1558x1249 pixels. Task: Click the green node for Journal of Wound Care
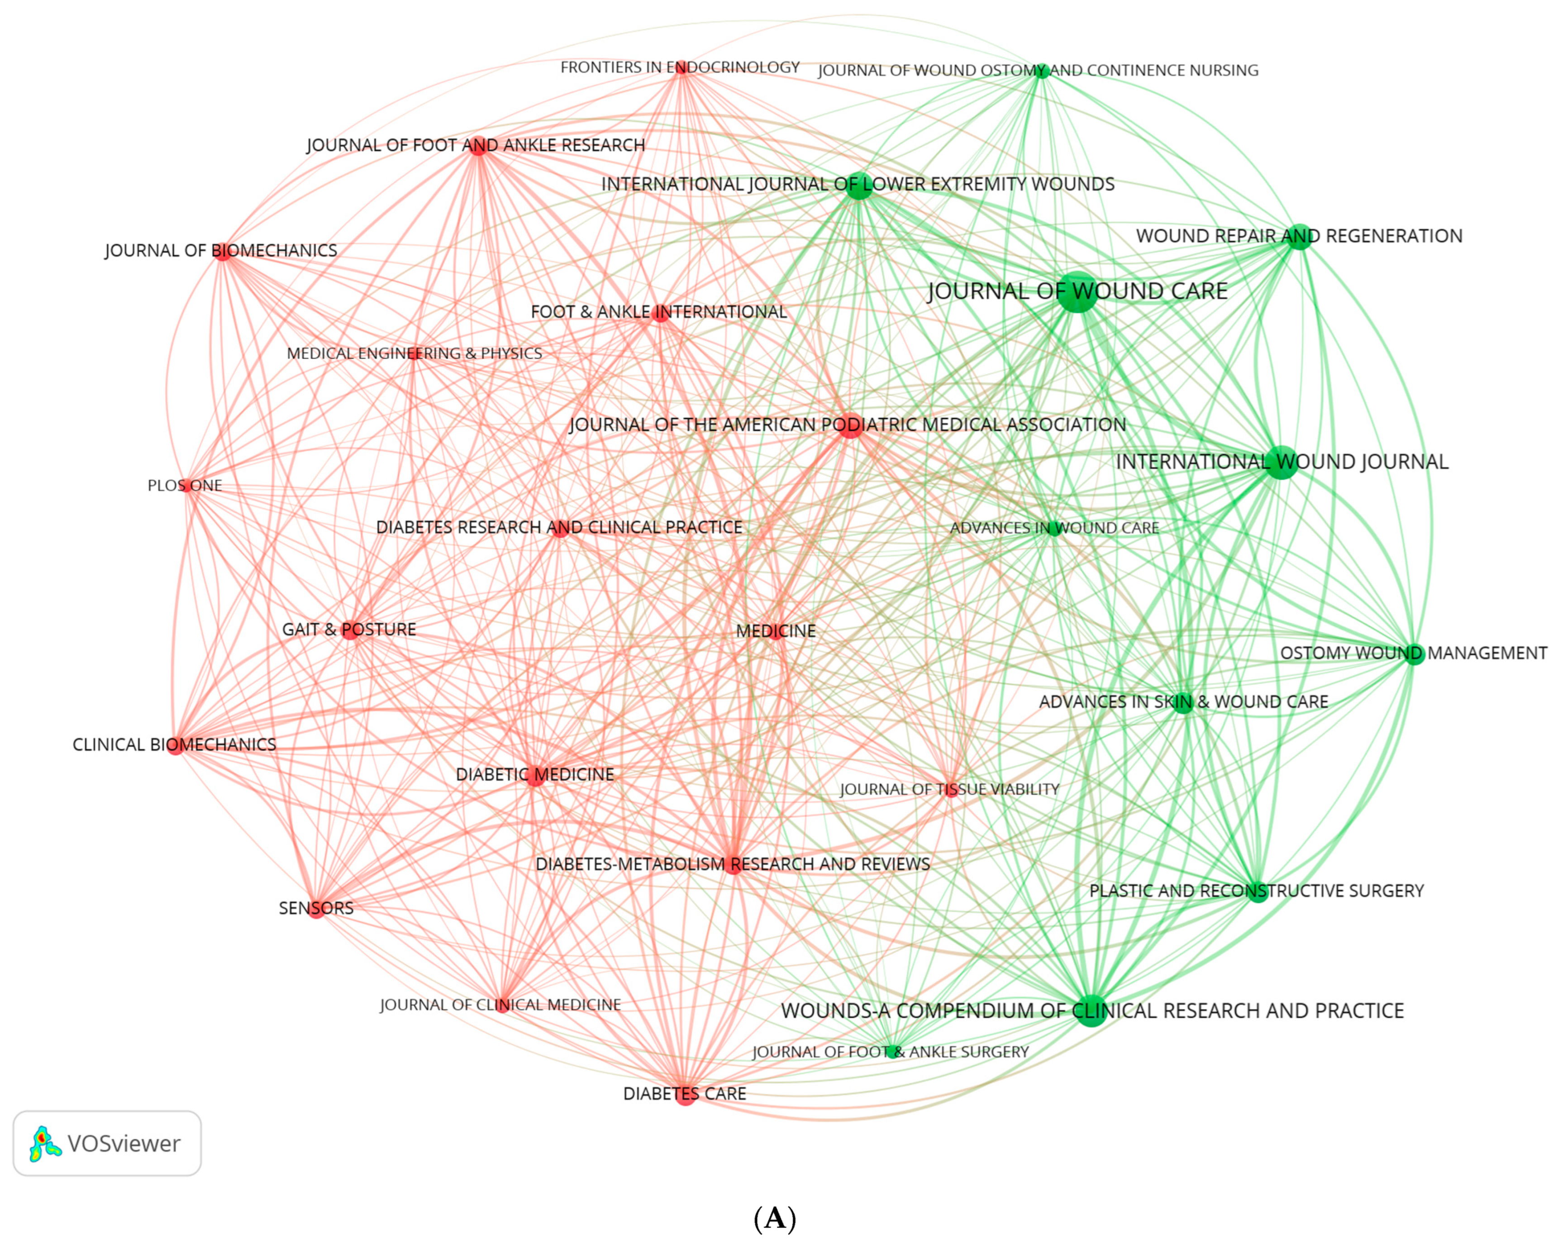(x=1077, y=292)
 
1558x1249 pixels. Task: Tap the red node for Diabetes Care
(x=685, y=1094)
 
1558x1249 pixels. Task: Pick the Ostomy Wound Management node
(x=1414, y=654)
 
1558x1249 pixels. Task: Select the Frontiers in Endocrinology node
(x=681, y=68)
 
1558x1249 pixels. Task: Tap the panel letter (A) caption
(x=775, y=1219)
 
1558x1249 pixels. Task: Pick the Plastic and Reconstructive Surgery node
(x=1258, y=891)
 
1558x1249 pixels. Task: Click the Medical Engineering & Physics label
(x=414, y=353)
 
